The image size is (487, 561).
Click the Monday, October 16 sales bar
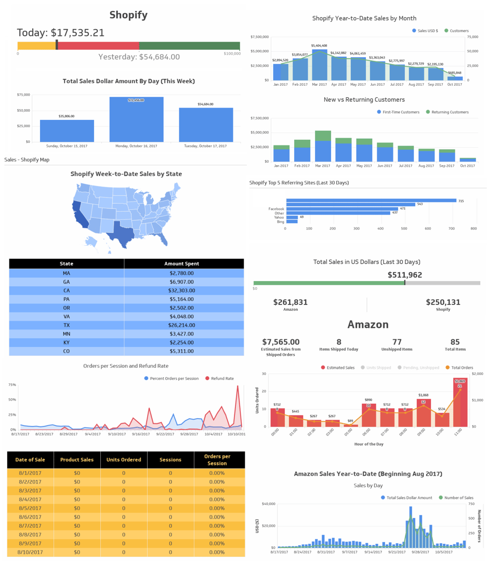tap(136, 119)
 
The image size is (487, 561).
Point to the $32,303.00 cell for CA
tap(183, 290)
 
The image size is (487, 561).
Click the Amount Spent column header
tap(183, 263)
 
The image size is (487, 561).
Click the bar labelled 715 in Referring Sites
tap(371, 201)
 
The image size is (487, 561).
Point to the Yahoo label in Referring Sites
tap(279, 217)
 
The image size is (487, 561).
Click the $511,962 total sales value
tap(404, 275)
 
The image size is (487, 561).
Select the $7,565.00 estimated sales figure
tap(281, 342)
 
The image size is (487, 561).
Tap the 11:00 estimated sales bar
tap(459, 402)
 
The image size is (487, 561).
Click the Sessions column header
tap(170, 460)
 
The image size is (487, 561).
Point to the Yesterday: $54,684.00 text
tap(139, 57)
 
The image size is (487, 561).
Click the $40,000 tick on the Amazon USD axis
tap(268, 504)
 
